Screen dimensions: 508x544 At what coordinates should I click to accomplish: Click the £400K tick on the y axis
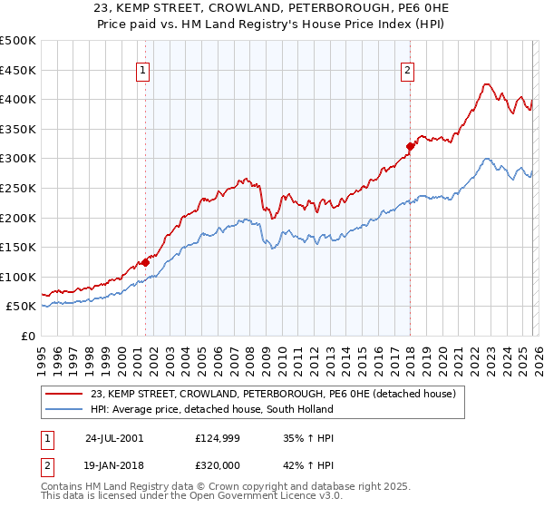18,99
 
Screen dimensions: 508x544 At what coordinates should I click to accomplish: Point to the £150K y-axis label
18,247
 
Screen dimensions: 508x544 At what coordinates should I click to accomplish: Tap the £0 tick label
27,336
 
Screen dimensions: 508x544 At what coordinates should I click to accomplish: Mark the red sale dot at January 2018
410,146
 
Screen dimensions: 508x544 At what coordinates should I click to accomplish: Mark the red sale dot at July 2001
146,262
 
